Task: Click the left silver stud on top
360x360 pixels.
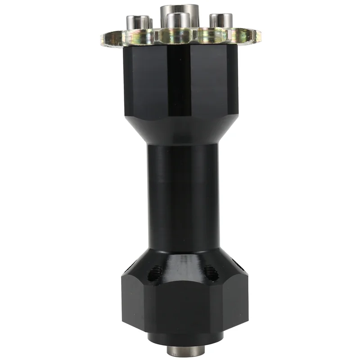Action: (138, 22)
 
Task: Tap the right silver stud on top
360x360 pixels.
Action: (221, 21)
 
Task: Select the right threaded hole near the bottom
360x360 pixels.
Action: (210, 272)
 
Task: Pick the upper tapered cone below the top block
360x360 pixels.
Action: (180, 130)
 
